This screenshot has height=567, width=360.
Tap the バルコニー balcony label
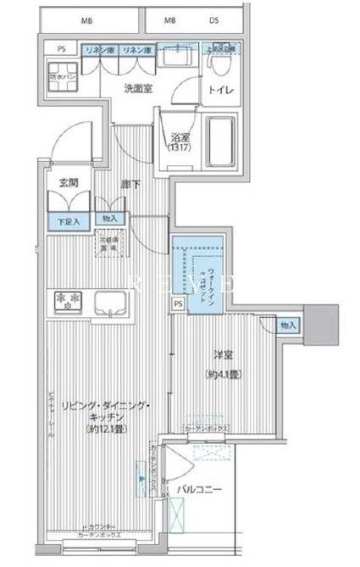point(202,489)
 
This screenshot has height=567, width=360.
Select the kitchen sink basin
point(110,303)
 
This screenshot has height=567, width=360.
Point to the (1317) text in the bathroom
point(179,148)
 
